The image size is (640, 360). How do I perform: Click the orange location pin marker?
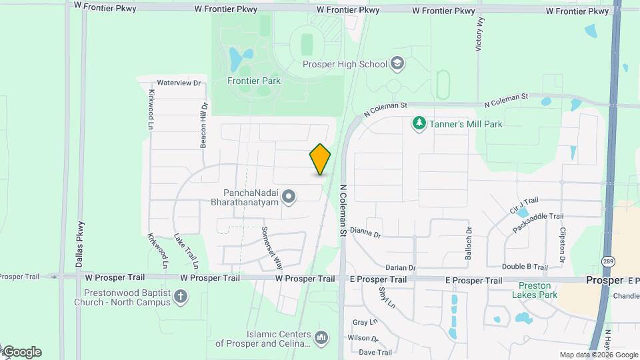(x=320, y=159)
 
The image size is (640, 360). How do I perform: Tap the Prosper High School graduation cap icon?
(x=398, y=63)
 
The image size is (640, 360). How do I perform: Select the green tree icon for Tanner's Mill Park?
(x=419, y=123)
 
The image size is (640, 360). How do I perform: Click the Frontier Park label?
(x=253, y=81)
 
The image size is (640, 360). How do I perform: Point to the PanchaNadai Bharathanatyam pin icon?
(x=289, y=196)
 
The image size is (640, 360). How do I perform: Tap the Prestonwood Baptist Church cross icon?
(x=181, y=297)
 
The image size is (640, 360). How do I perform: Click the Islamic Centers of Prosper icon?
(x=321, y=339)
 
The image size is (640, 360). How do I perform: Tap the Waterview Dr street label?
(x=179, y=83)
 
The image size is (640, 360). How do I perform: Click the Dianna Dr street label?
(x=365, y=235)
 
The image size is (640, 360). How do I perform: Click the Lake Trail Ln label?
(x=187, y=247)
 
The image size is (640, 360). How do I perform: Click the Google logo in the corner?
(x=22, y=352)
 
